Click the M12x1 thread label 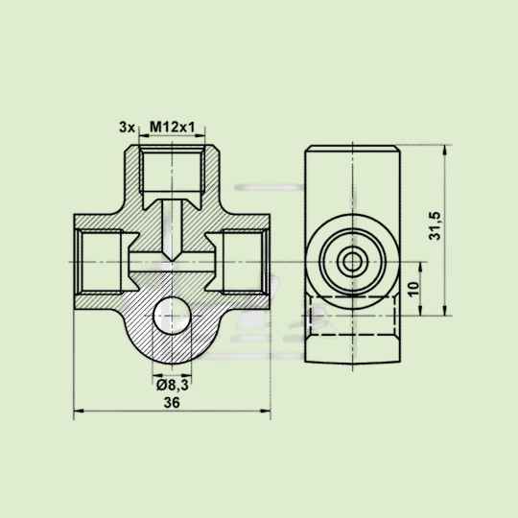click(172, 127)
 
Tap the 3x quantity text click(126, 127)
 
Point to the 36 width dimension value click(173, 404)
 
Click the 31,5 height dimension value click(436, 227)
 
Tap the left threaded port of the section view click(99, 262)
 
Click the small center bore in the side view click(351, 262)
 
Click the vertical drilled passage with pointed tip click(173, 226)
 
